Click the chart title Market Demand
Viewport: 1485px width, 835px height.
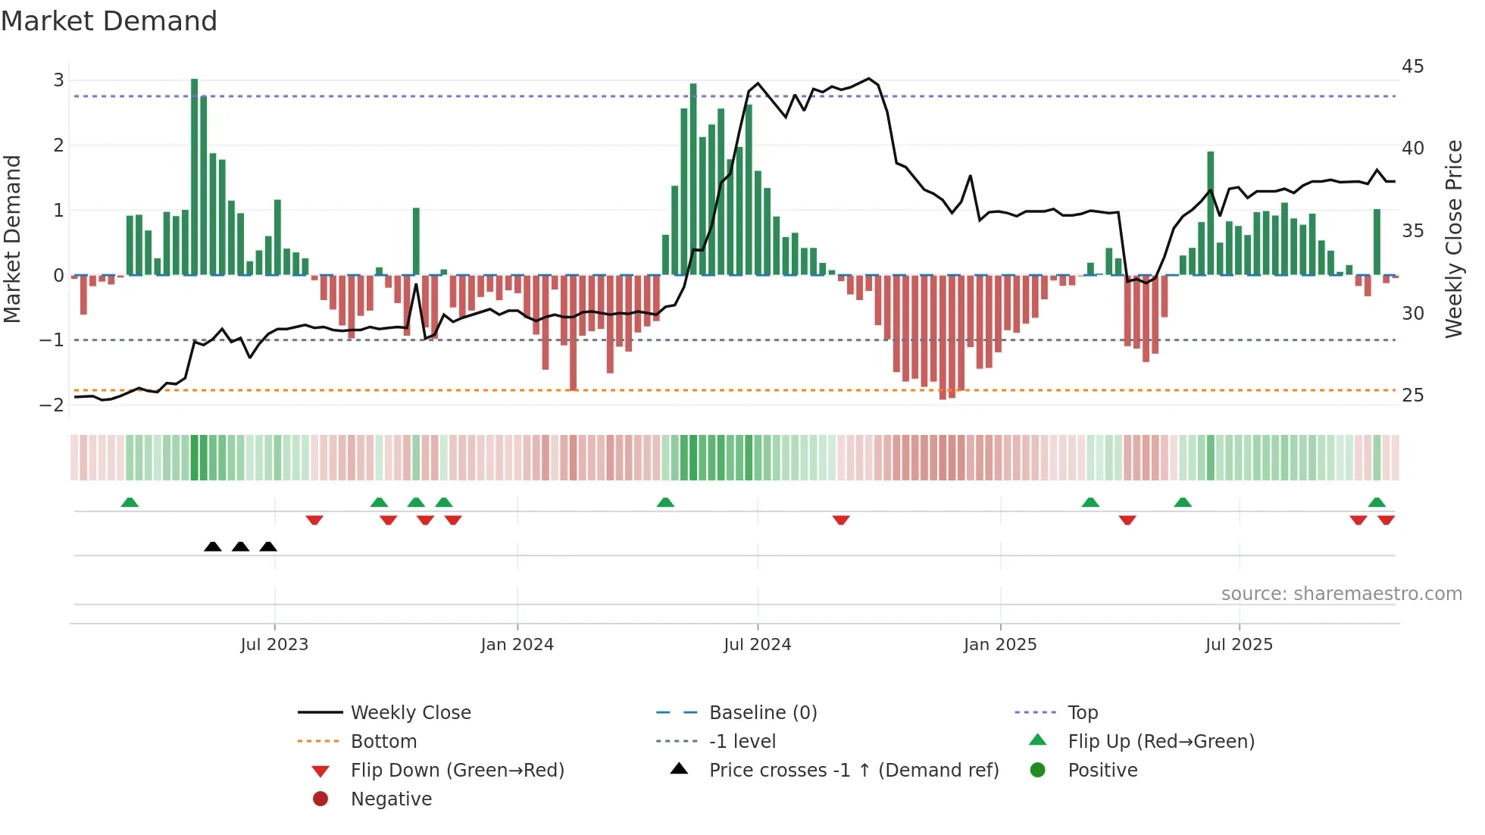pos(109,21)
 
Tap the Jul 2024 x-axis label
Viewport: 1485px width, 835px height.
pos(757,645)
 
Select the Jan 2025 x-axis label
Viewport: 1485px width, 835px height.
pos(1000,645)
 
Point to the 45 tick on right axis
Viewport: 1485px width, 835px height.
pos(1412,67)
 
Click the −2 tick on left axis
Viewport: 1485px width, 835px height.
pos(52,405)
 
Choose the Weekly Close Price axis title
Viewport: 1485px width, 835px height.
pos(1453,239)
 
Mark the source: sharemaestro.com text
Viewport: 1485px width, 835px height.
pos(1341,594)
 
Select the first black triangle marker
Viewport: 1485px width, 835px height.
pos(213,546)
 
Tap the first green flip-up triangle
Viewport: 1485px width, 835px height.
pos(130,502)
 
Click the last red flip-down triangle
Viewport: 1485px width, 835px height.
pos(1386,520)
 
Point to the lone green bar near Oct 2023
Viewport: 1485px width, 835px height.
pos(416,241)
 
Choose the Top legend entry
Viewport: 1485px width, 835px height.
pos(1082,713)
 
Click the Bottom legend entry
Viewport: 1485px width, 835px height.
pos(383,742)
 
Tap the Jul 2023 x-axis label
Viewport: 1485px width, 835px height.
pos(274,645)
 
